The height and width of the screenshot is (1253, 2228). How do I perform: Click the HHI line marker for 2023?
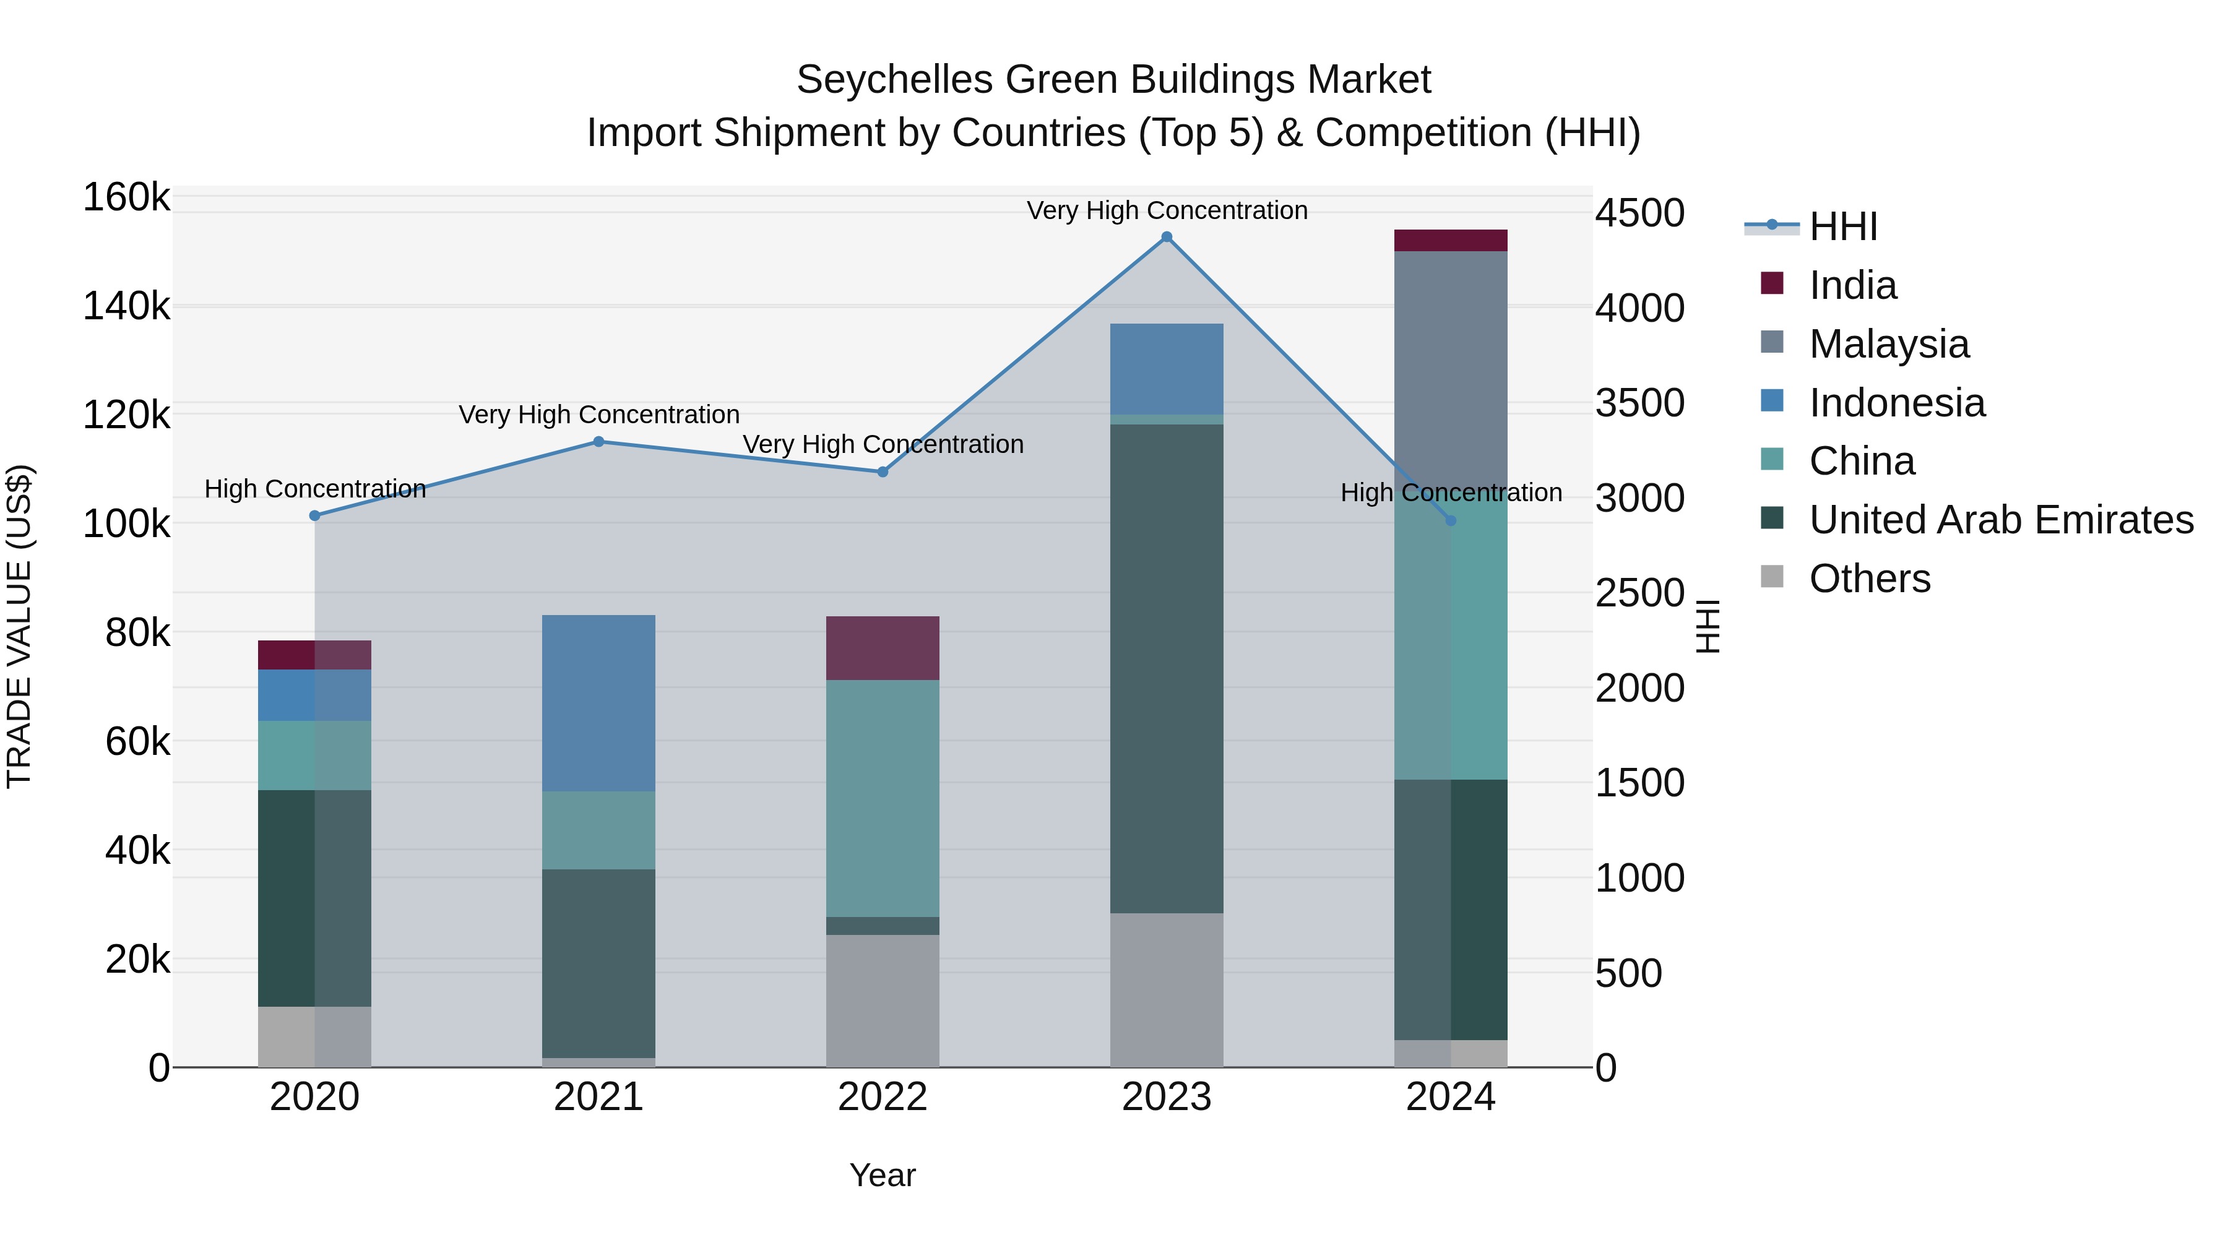tap(1167, 237)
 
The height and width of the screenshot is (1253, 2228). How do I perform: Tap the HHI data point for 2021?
tap(598, 442)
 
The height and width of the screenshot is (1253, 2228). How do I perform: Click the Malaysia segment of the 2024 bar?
tap(1451, 363)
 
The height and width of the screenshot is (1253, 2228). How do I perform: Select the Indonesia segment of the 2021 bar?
tap(598, 703)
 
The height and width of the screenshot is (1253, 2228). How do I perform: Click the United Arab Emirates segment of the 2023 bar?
tap(1167, 668)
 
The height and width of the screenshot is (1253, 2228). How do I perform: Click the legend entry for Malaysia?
tap(1889, 344)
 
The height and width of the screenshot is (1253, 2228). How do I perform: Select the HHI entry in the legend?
tap(1842, 226)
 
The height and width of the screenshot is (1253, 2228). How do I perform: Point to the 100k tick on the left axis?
tap(126, 524)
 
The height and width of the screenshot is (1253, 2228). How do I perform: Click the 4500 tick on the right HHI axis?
tap(1639, 213)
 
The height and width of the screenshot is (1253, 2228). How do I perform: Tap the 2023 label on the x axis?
tap(1167, 1097)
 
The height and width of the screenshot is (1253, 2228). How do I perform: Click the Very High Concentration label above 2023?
tap(1167, 210)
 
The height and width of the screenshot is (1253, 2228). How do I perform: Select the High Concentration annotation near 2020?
tap(315, 489)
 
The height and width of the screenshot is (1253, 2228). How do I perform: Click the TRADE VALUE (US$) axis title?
tap(19, 626)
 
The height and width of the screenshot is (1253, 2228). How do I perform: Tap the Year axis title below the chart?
tap(882, 1175)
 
